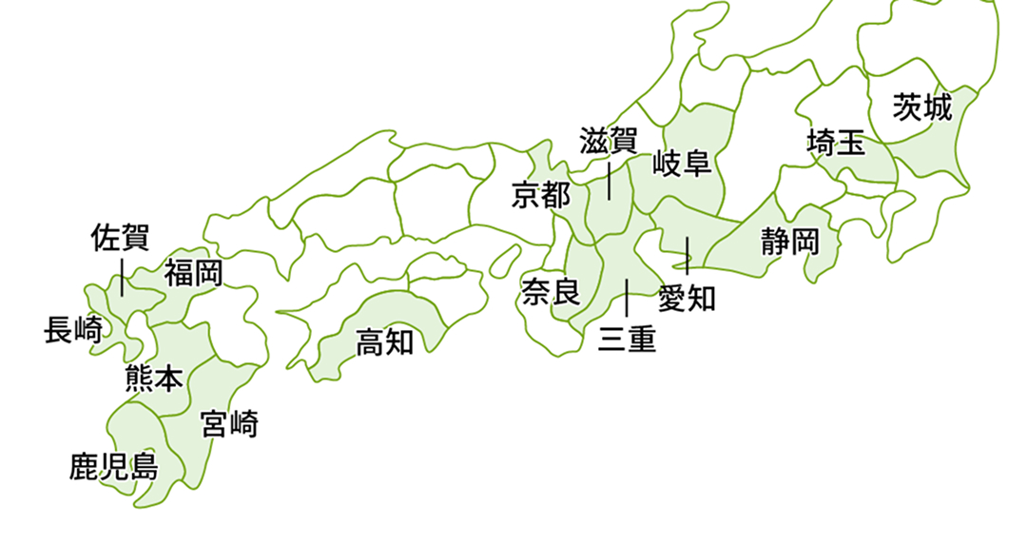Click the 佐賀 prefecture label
pyautogui.click(x=120, y=238)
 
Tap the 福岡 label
pyautogui.click(x=193, y=274)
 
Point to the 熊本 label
pyautogui.click(x=154, y=380)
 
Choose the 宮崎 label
pyautogui.click(x=229, y=423)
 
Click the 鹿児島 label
pyautogui.click(x=113, y=467)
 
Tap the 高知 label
pyautogui.click(x=384, y=341)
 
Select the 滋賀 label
pyautogui.click(x=609, y=141)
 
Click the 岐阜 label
pyautogui.click(x=682, y=164)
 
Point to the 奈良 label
pyautogui.click(x=551, y=292)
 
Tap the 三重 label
pyautogui.click(x=627, y=340)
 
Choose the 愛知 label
pyautogui.click(x=687, y=299)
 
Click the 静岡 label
pyautogui.click(x=789, y=242)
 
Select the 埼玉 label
pyautogui.click(x=836, y=145)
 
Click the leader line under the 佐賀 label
pyautogui.click(x=122, y=275)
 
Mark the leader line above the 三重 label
pyautogui.click(x=627, y=298)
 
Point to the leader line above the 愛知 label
pyautogui.click(x=687, y=256)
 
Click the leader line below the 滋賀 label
pyautogui.click(x=609, y=180)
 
